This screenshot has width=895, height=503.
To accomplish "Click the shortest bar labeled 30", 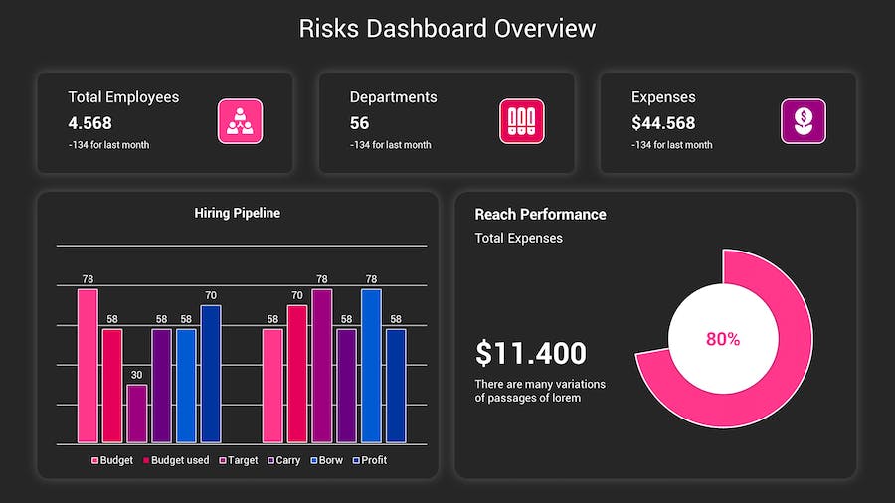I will click(136, 414).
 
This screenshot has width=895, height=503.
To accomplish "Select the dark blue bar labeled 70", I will click(211, 374).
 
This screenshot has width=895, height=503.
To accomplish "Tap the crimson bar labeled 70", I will click(296, 374).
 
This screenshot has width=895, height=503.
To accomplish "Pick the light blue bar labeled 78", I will click(371, 366).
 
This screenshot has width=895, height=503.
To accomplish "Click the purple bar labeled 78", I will click(321, 366).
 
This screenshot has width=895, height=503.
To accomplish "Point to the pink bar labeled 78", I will click(88, 366).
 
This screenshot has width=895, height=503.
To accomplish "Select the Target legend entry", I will click(238, 460).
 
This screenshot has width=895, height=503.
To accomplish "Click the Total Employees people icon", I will click(240, 121).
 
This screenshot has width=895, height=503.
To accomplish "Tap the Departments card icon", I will click(521, 121).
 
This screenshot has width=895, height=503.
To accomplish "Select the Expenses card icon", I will click(803, 121).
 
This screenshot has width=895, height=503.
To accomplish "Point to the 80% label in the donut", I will click(723, 339).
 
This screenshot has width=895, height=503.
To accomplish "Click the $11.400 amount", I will click(530, 353).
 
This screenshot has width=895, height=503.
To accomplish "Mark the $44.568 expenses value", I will click(663, 123).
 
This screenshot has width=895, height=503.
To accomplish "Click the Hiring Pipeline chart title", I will click(237, 213).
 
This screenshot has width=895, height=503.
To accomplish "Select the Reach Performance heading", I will click(540, 214).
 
